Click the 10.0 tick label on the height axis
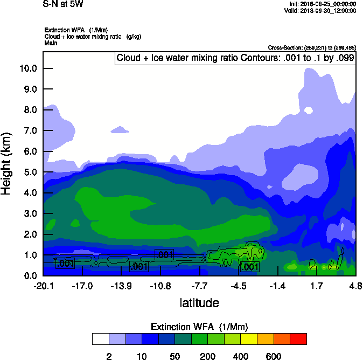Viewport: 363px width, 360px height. click(28, 68)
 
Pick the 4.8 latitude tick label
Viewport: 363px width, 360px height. click(355, 286)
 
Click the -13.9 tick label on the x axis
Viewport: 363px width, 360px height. click(121, 286)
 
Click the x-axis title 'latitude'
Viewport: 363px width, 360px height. click(199, 303)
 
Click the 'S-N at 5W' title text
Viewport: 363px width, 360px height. click(63, 4)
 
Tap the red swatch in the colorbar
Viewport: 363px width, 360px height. click(298, 338)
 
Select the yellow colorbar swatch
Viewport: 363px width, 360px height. click(249, 338)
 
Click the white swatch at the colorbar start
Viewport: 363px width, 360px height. click(100, 338)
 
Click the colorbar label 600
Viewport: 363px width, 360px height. click(274, 356)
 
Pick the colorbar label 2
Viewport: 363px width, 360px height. click(109, 356)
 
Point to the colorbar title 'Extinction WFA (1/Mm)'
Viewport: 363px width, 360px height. click(199, 327)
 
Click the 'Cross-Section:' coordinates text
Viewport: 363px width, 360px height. click(311, 48)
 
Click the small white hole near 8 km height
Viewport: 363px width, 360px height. click(308, 110)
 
